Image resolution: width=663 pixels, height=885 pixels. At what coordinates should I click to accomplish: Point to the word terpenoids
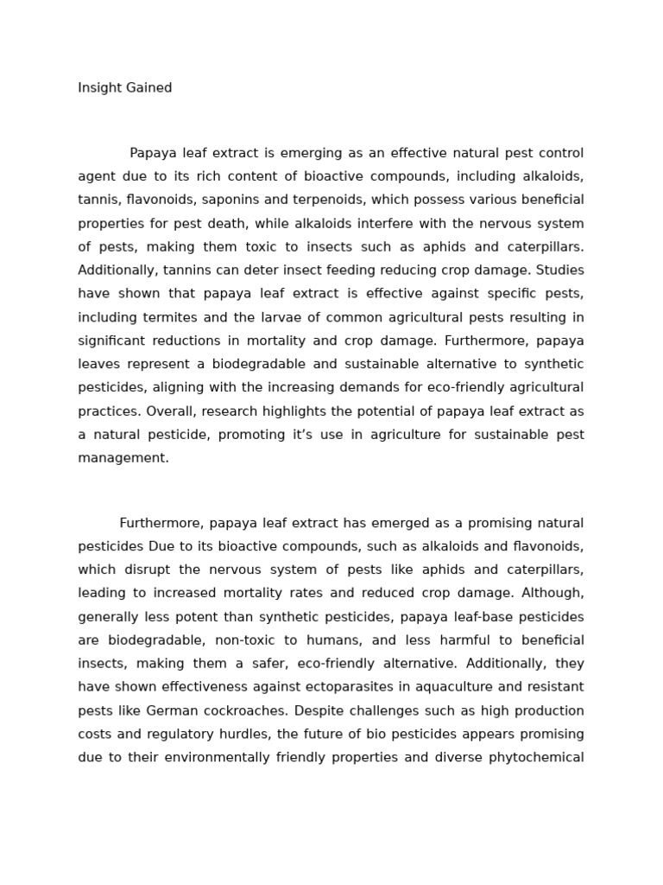click(331, 200)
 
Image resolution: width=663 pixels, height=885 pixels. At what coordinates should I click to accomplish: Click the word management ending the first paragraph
click(123, 458)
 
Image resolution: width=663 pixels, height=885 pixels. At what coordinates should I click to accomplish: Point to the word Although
click(552, 593)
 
